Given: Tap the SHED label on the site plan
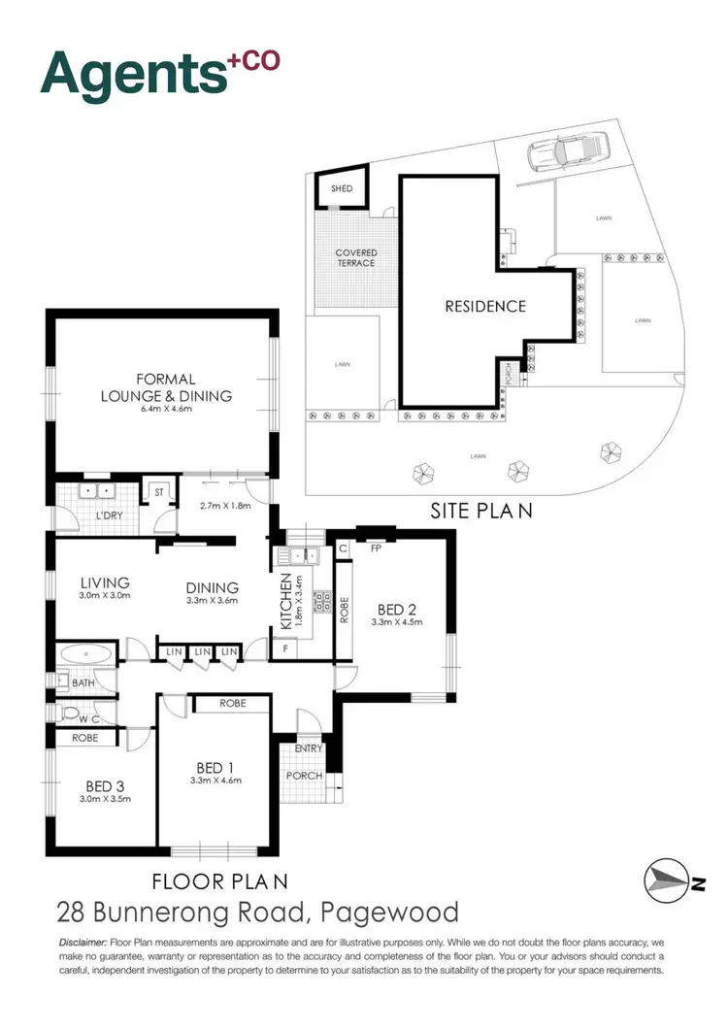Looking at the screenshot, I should click(343, 189).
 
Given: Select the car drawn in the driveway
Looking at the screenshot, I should click(567, 153).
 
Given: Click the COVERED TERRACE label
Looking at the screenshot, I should click(356, 258).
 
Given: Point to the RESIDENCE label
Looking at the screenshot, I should click(485, 306).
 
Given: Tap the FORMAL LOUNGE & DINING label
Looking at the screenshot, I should click(167, 386).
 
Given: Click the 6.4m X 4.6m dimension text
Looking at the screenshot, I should click(167, 411).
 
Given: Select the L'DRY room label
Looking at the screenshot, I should click(108, 515).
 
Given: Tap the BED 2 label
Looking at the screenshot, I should click(397, 609).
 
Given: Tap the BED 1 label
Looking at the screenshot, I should click(214, 765).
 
